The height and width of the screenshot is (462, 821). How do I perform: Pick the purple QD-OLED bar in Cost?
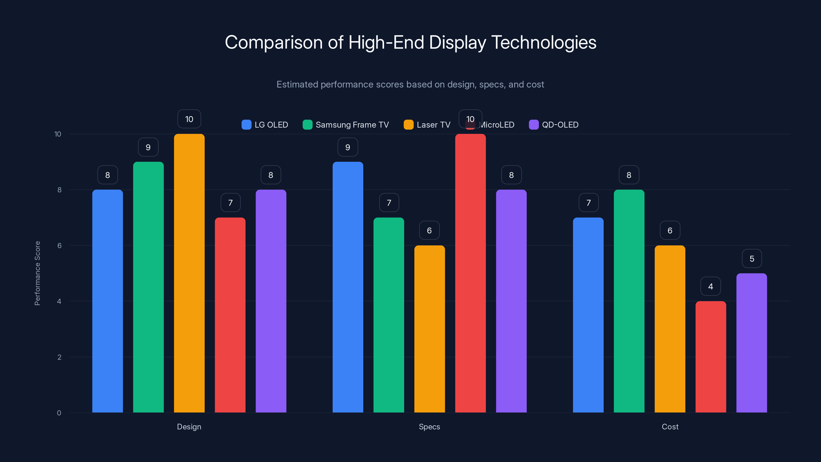point(751,343)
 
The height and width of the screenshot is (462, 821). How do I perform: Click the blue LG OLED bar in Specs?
point(348,287)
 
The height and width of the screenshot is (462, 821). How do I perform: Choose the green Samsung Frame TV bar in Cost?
point(629,301)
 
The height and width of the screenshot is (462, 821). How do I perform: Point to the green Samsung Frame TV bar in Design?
point(148,287)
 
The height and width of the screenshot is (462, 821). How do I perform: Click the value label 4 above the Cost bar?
point(710,286)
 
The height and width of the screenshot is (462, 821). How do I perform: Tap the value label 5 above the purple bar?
point(751,258)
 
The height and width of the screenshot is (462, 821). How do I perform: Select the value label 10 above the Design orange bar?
point(189,119)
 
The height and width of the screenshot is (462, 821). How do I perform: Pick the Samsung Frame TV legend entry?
point(346,125)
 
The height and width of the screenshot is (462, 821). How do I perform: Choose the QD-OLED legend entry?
point(554,125)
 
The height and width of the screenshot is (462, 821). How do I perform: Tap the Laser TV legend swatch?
point(408,125)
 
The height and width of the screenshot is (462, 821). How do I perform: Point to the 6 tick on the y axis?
point(59,246)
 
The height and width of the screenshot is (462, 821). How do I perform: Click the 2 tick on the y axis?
point(59,357)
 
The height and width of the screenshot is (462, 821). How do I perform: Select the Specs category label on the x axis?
point(429,427)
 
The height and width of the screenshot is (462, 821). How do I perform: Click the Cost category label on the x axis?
point(670,427)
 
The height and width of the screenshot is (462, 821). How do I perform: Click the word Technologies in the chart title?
point(543,42)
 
